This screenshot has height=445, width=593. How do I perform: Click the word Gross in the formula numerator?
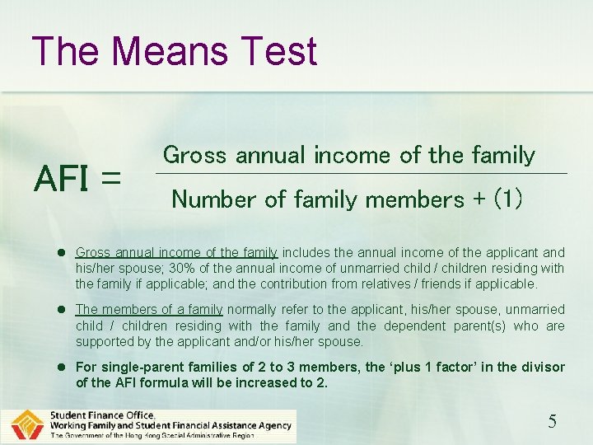coord(196,155)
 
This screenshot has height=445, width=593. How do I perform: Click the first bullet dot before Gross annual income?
coord(62,252)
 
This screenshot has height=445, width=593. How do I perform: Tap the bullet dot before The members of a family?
coord(62,310)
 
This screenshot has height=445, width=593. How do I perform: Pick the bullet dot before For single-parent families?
coord(62,368)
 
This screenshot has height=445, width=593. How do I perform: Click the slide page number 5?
coord(553,422)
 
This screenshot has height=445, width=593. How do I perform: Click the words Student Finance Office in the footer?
coord(102,415)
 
